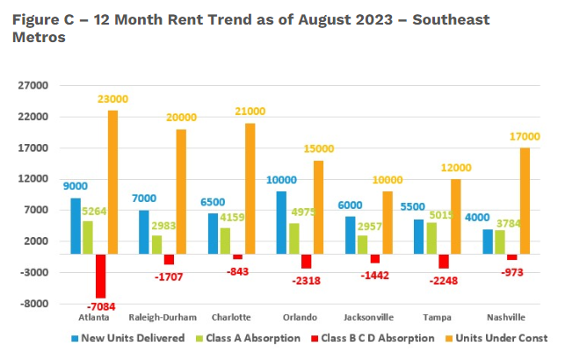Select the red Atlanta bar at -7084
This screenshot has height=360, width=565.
click(100, 276)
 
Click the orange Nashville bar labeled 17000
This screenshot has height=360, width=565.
click(525, 201)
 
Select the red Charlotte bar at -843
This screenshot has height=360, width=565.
click(237, 256)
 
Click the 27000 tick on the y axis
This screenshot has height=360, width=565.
click(37, 86)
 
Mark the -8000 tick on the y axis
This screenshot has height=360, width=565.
click(37, 304)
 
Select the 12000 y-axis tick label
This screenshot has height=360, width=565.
click(37, 179)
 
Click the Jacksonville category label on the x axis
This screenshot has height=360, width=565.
click(369, 316)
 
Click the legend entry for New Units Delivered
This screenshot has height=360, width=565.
click(133, 338)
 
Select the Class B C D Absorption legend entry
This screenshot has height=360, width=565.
click(381, 338)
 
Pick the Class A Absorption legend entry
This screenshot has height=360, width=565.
click(256, 338)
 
